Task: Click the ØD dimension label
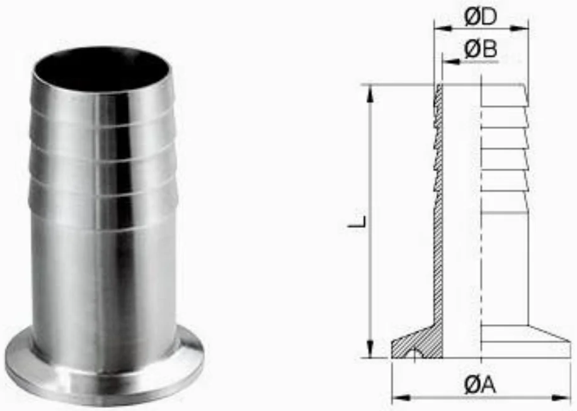click(481, 17)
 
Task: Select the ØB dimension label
click(481, 49)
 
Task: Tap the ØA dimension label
click(480, 385)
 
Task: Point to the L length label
click(357, 222)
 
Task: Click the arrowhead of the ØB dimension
click(451, 62)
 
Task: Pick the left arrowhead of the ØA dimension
click(401, 398)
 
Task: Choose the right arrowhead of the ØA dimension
click(561, 398)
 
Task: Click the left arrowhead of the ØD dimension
click(443, 28)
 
